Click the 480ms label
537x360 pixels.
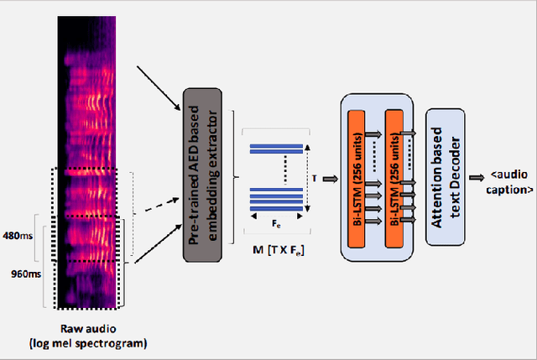[x=18, y=237]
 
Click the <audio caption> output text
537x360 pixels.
[x=510, y=183]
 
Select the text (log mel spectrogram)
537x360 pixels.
[x=94, y=344]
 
